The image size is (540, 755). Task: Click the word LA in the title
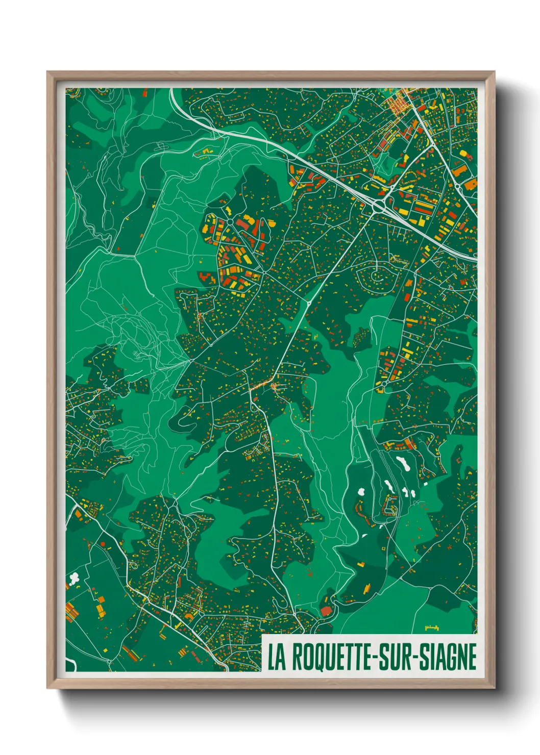277,658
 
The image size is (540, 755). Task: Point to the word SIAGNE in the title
448,658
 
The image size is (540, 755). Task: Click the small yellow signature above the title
432,628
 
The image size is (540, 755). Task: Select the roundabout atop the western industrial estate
229,222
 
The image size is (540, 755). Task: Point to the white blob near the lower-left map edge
75,578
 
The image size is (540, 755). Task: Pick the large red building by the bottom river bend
326,611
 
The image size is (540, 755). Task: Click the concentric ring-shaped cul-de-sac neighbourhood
377,277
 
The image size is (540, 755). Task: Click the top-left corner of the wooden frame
48,72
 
